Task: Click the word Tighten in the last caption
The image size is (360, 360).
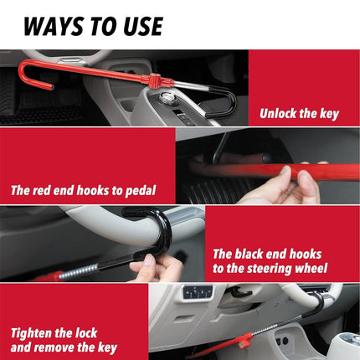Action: point(34,332)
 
